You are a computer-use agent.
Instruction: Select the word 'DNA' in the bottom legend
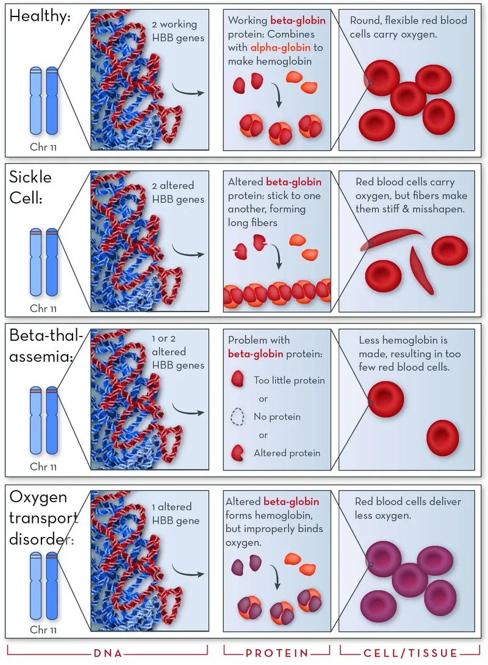pos(107,653)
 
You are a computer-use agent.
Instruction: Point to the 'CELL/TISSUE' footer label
pos(408,653)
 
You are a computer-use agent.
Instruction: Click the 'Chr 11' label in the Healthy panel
pos(43,147)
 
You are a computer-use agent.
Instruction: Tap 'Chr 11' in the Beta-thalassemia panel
pos(43,467)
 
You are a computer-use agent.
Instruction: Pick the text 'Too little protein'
pos(289,380)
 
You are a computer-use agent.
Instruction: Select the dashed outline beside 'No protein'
pos(237,417)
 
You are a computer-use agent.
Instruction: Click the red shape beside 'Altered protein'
pos(237,453)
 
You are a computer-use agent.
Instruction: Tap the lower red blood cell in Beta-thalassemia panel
pos(442,437)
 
